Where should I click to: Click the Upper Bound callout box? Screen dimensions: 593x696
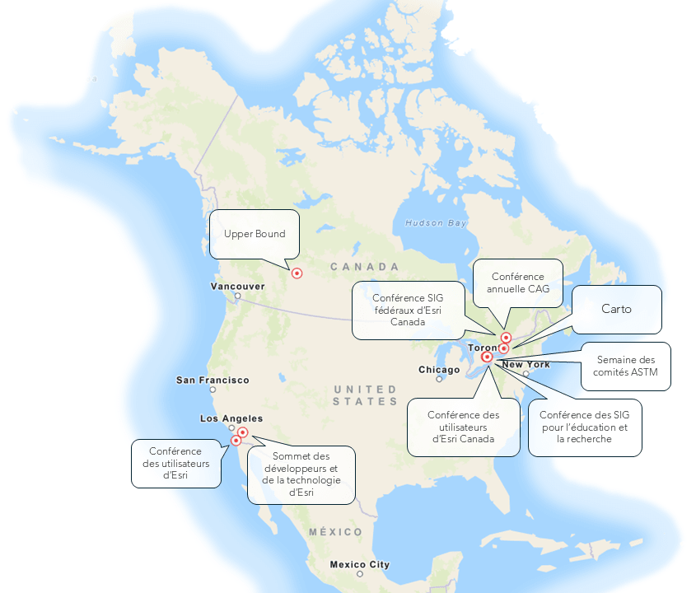tap(255, 235)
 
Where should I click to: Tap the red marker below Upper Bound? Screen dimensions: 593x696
tap(297, 273)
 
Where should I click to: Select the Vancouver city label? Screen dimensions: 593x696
tap(237, 286)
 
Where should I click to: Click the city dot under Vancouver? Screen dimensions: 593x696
tap(237, 296)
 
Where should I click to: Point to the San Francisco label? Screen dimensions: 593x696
tap(213, 380)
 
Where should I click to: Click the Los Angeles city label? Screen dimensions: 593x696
tap(231, 418)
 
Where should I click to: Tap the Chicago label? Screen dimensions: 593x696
tap(439, 370)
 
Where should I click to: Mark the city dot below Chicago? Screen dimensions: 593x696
tap(440, 379)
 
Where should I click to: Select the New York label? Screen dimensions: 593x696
tap(526, 364)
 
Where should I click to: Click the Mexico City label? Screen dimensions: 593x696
tap(359, 564)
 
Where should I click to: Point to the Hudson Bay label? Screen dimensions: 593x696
tap(436, 223)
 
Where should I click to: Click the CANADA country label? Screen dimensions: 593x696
tap(365, 267)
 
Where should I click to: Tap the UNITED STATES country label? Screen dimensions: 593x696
tap(365, 395)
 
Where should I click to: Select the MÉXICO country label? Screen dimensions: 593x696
tap(335, 532)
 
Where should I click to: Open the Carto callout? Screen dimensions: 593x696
tap(616, 310)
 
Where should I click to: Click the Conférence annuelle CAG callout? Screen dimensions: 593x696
tap(517, 282)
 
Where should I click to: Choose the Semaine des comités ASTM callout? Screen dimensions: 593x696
tap(626, 366)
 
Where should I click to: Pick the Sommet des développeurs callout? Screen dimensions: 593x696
tap(301, 475)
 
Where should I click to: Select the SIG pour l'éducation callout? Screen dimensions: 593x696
tap(585, 427)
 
